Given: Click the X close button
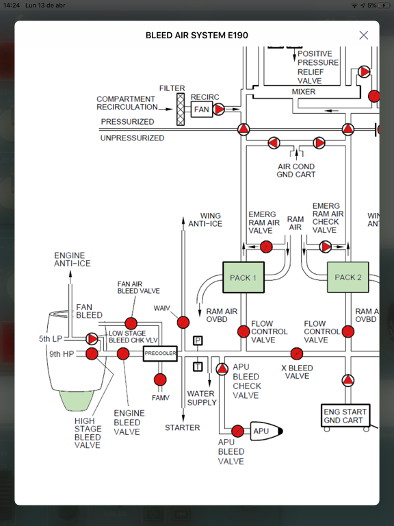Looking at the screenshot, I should coord(363,35).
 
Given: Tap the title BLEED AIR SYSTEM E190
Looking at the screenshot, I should coord(196,35).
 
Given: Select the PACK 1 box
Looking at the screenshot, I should coord(244,277).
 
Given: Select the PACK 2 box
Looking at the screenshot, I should coord(347,277).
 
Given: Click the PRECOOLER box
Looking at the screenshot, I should coord(160,354).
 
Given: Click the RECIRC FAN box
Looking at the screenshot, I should coord(201,109).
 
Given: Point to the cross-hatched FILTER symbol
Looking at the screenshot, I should coord(181,109).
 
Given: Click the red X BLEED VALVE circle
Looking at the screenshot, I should coord(296,354).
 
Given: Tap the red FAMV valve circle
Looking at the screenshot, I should coord(160,379).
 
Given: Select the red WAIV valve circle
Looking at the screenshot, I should coord(183,322).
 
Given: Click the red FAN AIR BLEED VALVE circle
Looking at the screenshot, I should coord(131,323).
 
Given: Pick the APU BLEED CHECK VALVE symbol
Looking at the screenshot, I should coord(222,369).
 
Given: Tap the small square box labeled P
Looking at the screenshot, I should coord(198,340).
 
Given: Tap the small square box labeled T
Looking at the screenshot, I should coord(198,366).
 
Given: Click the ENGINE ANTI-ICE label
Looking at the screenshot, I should coord(72,260).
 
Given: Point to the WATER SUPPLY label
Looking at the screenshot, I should coord(201,398).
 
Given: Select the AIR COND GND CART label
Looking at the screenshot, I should coord(295,171).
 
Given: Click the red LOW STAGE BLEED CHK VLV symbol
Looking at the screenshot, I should coord(92,338).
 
